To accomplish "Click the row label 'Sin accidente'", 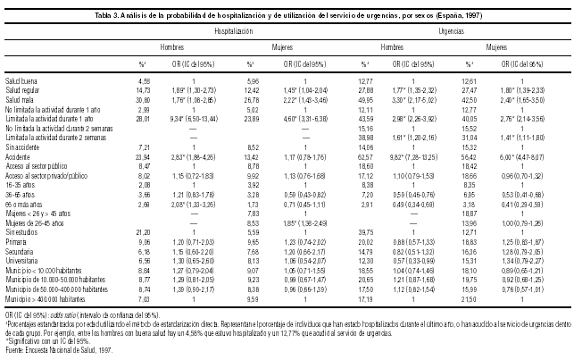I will click(x=24, y=146).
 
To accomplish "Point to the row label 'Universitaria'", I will click(x=25, y=234).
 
